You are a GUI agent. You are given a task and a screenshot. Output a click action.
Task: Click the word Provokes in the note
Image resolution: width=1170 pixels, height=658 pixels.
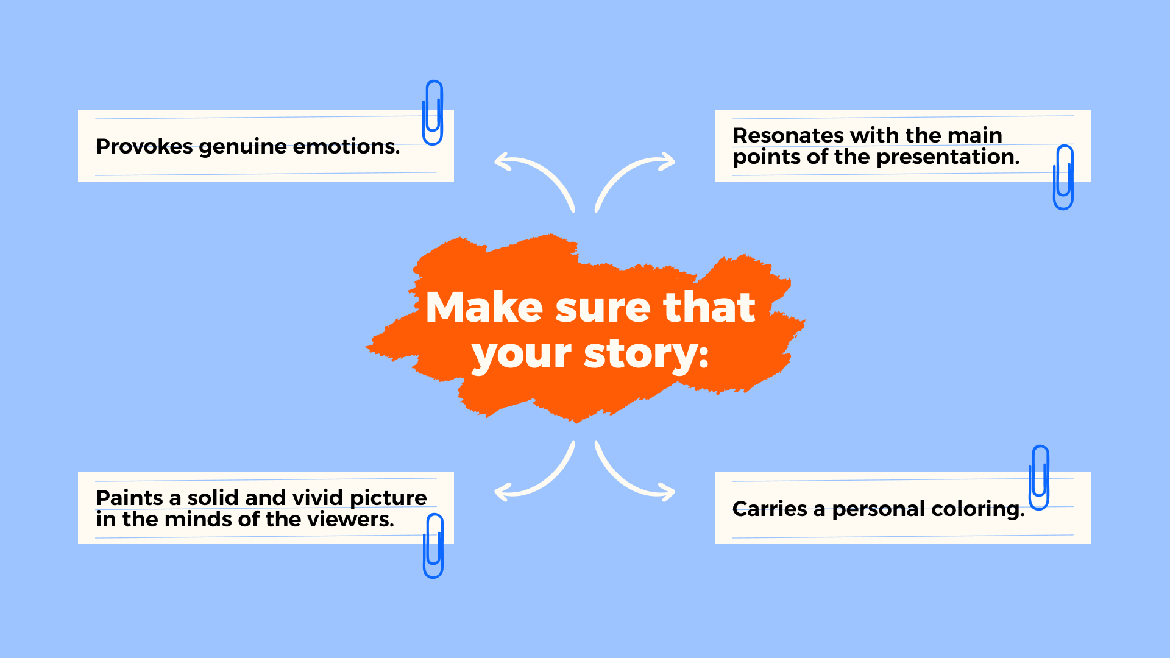tap(144, 146)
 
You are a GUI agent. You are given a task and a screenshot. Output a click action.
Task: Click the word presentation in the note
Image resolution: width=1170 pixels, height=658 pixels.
tap(948, 158)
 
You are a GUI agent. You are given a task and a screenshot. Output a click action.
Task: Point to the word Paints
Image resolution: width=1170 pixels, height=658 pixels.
tap(130, 498)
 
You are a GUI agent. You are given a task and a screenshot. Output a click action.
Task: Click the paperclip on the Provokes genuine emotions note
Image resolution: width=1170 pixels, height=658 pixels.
tap(433, 113)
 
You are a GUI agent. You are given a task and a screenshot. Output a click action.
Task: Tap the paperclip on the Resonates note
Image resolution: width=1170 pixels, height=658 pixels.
tap(1063, 177)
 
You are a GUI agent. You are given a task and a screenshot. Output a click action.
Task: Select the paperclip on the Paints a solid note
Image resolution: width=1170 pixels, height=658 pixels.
tap(433, 546)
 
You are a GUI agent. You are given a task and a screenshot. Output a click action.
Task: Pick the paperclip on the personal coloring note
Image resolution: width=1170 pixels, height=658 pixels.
tap(1039, 478)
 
